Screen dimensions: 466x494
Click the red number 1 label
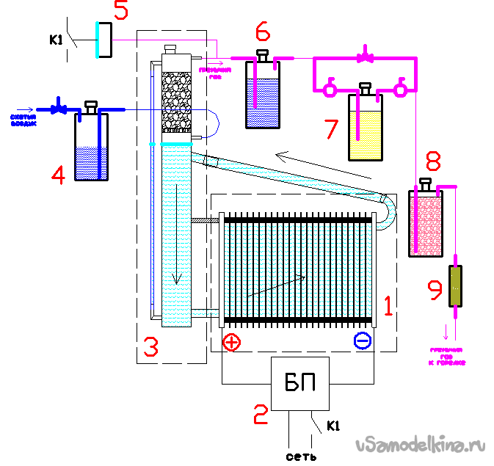pos(390,301)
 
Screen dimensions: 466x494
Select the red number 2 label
pos(260,415)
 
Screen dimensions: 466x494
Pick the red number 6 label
pos(263,32)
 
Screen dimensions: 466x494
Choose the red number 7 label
pos(331,129)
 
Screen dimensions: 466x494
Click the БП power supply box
pos(300,384)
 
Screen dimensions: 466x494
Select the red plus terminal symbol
pos(230,341)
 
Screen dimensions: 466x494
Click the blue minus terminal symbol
pos(363,341)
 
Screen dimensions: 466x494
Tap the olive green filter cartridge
pos(455,285)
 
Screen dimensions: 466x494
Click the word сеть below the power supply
pos(301,456)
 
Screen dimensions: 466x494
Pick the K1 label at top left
pos(56,40)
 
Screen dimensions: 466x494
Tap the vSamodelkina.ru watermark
pos(420,445)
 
